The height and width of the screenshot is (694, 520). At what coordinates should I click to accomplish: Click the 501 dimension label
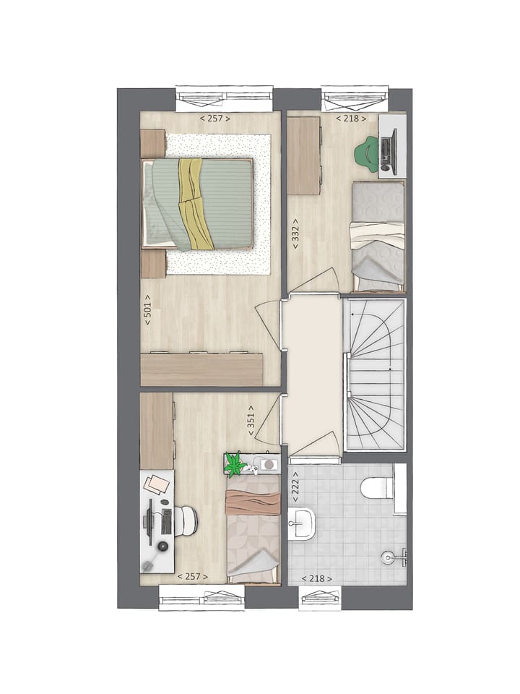[147, 309]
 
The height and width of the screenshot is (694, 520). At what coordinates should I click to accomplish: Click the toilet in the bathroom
[377, 489]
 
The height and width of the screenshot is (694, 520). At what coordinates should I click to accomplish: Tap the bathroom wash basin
[301, 523]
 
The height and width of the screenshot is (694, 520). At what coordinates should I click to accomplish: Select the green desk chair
[368, 154]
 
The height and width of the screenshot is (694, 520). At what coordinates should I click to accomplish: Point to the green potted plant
[234, 465]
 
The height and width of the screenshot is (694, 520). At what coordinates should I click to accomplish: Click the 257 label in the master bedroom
[214, 118]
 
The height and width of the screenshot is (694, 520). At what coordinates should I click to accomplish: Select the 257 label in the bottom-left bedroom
[193, 576]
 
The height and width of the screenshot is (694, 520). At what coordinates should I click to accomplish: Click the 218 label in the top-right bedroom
[351, 118]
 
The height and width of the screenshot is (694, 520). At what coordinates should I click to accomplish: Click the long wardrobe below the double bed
[201, 369]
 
